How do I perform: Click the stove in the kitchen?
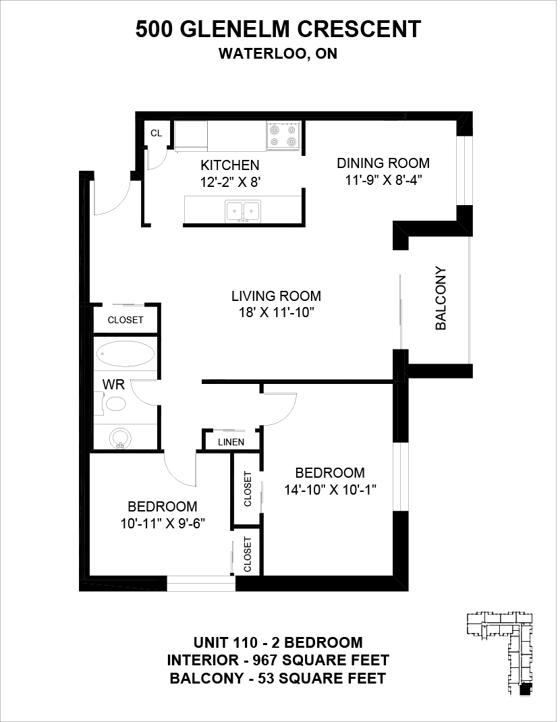[x=283, y=136]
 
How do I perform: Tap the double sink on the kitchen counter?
[x=243, y=212]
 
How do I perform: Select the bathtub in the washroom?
[x=125, y=354]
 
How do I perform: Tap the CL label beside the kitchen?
[x=157, y=133]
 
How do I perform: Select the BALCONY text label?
[x=441, y=298]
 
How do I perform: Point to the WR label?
[x=113, y=384]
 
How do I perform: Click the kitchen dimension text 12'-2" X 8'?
[x=230, y=182]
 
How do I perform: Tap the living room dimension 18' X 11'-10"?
[x=276, y=312]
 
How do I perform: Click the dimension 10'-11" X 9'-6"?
[x=163, y=524]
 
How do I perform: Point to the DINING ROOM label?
[x=383, y=163]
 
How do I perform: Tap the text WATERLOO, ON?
[x=278, y=54]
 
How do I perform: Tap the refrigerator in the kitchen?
[x=191, y=136]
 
